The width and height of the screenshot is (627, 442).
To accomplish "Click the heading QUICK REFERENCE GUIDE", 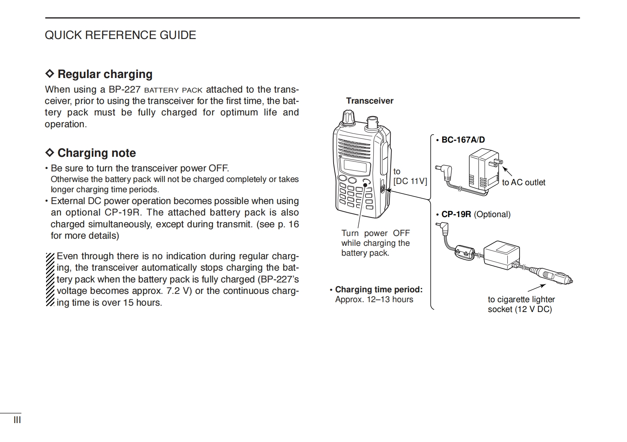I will coord(120,35).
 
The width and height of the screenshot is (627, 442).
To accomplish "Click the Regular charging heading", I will coord(105,74).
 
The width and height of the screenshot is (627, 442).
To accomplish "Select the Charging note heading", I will coord(96,153).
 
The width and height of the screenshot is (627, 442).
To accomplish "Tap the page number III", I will coord(17,420).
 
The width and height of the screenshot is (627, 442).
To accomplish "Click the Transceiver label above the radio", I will coord(369,101).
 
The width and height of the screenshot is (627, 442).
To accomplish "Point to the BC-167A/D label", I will coord(463,140).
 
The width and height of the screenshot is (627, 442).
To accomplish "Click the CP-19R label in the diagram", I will coord(456,214).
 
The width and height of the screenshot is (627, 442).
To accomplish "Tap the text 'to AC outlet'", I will coord(523,182).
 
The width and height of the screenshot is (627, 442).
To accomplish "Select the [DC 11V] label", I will coord(410,181).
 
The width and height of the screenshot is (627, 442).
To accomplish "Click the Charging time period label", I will coord(378,290).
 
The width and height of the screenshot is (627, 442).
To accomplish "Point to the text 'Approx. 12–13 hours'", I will coord(374,299).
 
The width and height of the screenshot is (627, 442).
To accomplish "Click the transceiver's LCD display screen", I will coord(356,166).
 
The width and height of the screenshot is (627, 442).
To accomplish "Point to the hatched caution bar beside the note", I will coord(50,279).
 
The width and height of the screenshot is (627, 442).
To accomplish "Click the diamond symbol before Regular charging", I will coord(50,74).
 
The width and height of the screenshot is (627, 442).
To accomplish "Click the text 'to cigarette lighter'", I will coord(521,299).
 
